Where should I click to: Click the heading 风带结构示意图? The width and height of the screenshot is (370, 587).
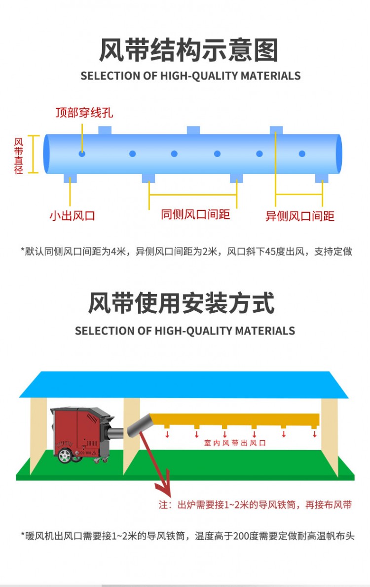tap(189, 50)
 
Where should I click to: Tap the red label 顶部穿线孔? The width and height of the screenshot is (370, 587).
tap(84, 113)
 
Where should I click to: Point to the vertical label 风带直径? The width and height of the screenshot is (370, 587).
tap(19, 155)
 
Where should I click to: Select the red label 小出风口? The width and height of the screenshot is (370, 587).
tap(72, 216)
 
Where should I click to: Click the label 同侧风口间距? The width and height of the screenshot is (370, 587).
tap(195, 214)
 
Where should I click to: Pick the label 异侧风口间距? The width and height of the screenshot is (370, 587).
tap(300, 216)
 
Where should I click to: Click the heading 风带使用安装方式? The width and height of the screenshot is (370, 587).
tap(181, 303)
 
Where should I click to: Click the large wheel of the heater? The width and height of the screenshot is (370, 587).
tap(64, 456)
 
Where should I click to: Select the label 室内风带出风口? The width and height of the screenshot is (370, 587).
tap(235, 443)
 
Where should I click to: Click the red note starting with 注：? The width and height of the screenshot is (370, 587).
tap(255, 505)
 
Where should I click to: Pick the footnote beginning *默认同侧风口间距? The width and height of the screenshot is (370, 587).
tap(187, 251)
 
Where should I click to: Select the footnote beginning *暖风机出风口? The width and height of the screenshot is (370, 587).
tap(187, 535)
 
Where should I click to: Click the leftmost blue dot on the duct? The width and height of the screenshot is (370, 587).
tap(82, 154)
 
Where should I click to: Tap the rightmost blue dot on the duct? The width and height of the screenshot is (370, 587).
tap(302, 154)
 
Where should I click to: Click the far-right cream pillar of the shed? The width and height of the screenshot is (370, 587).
tap(330, 435)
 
